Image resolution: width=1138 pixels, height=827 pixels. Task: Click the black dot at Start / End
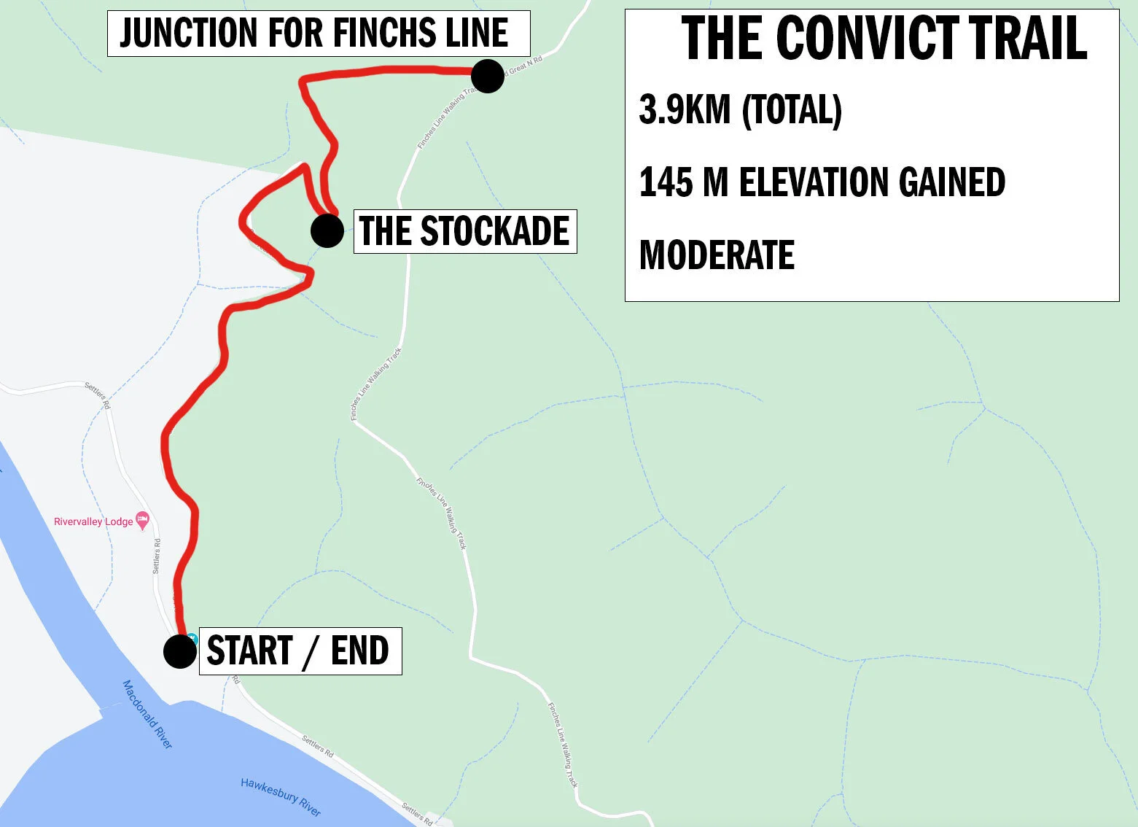[x=179, y=651]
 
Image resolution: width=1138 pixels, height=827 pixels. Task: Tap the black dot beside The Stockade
[x=327, y=231]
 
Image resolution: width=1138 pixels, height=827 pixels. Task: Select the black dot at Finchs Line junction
[x=488, y=76]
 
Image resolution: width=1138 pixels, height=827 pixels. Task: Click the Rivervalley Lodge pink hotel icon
[x=143, y=521]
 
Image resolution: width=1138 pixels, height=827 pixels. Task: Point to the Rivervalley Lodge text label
[x=93, y=521]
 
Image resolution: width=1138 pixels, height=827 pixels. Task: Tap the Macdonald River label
[x=147, y=714]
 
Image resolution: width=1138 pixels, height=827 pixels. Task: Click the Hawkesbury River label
[x=281, y=796]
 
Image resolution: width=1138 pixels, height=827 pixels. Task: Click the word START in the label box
[x=250, y=651]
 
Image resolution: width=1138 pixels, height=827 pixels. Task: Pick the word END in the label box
[x=359, y=651]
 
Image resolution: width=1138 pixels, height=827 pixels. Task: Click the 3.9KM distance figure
[x=685, y=109]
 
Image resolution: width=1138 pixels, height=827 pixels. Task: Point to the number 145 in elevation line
[x=665, y=182]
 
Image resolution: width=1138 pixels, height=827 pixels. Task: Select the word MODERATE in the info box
[x=717, y=255]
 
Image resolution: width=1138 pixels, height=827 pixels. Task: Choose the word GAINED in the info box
[x=952, y=182]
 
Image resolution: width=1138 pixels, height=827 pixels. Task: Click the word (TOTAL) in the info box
[x=792, y=109]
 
